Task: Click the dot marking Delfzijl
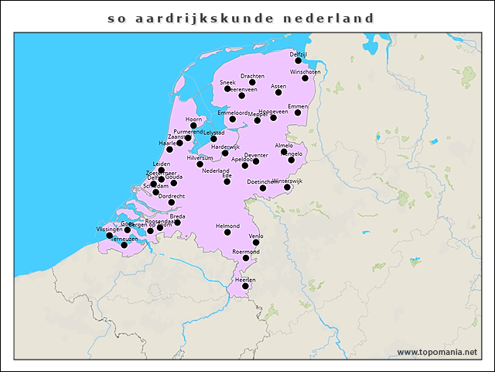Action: coord(298,60)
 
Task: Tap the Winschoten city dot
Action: coord(305,78)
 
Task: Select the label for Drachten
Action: coord(252,76)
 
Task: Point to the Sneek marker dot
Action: coord(227,88)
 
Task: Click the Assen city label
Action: coord(278,86)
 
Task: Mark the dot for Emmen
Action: coord(298,112)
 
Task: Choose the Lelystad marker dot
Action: coord(213,139)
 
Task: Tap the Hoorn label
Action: coord(193,119)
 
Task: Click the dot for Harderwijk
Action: coord(225,153)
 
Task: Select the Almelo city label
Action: coord(284,146)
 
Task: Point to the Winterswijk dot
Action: coord(287,187)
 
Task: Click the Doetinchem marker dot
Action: coord(263,188)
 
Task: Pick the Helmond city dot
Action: coord(227,232)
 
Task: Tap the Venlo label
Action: coord(256,236)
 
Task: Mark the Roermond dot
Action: coord(246,258)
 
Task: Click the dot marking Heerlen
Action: coord(245,286)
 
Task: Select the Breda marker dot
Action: coord(177,222)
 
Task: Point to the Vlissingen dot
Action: coord(110,236)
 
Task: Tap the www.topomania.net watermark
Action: coord(437,352)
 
